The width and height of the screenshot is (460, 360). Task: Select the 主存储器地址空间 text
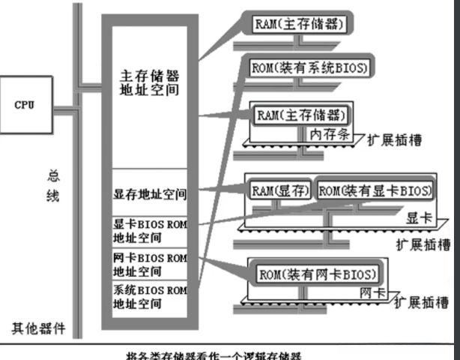pyautogui.click(x=150, y=83)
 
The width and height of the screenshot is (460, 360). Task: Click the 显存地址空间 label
pyautogui.click(x=150, y=196)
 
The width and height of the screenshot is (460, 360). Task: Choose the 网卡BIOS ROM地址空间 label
pyautogui.click(x=150, y=264)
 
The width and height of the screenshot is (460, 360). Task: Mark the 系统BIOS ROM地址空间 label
pyautogui.click(x=150, y=298)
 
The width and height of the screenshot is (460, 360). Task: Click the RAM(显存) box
pyautogui.click(x=280, y=190)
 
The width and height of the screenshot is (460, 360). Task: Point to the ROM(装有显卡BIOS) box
pyautogui.click(x=375, y=190)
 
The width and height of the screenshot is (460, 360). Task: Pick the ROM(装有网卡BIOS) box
pyautogui.click(x=318, y=273)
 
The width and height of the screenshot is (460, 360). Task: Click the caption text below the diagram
pyautogui.click(x=229, y=353)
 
